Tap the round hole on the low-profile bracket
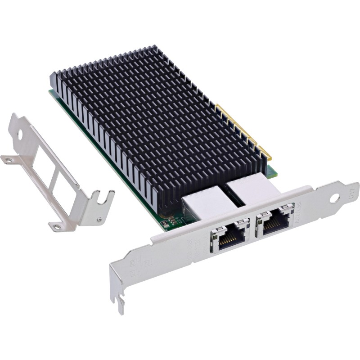(x=20, y=134)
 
